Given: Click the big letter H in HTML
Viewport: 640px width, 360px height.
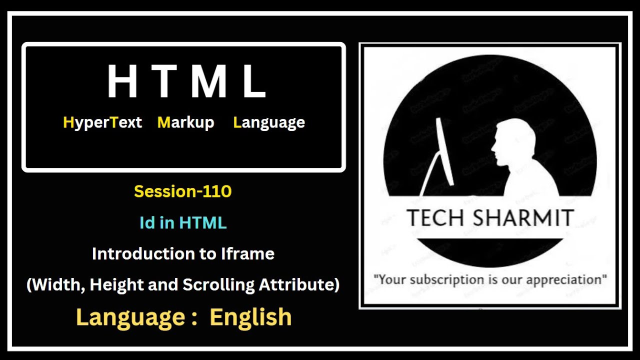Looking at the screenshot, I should pyautogui.click(x=122, y=81).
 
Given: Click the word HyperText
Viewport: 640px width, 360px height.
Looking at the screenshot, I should pyautogui.click(x=102, y=122).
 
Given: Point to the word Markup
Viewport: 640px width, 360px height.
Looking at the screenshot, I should pyautogui.click(x=185, y=122).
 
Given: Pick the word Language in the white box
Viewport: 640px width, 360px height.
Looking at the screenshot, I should pyautogui.click(x=269, y=123).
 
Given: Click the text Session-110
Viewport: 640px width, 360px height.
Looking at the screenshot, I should pyautogui.click(x=183, y=191).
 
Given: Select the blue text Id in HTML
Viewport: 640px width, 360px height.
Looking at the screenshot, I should pyautogui.click(x=183, y=223).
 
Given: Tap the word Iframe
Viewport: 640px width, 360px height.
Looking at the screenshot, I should pyautogui.click(x=247, y=254).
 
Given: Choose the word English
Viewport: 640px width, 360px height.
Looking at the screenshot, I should pyautogui.click(x=250, y=317).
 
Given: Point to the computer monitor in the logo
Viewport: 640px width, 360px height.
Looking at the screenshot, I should pyautogui.click(x=444, y=150).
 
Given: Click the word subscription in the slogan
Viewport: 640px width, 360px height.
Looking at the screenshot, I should pyautogui.click(x=448, y=278).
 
